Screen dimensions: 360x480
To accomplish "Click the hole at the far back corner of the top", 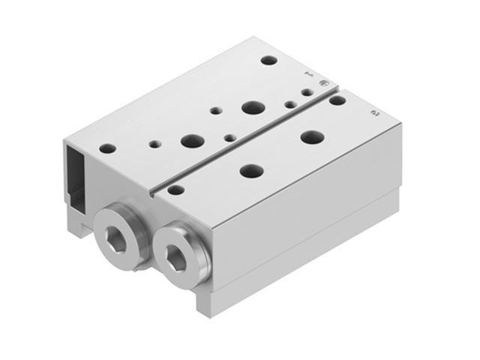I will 268,60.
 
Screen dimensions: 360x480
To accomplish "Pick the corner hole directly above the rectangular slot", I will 108,148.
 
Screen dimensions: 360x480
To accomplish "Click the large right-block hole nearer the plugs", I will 251,171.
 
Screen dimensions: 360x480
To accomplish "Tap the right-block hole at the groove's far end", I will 337,100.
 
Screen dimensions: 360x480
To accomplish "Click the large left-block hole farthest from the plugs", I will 253,108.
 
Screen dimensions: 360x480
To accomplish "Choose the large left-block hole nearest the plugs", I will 192,140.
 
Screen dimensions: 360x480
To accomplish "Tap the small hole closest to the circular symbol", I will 307,91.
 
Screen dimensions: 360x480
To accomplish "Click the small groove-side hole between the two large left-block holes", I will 229,137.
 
